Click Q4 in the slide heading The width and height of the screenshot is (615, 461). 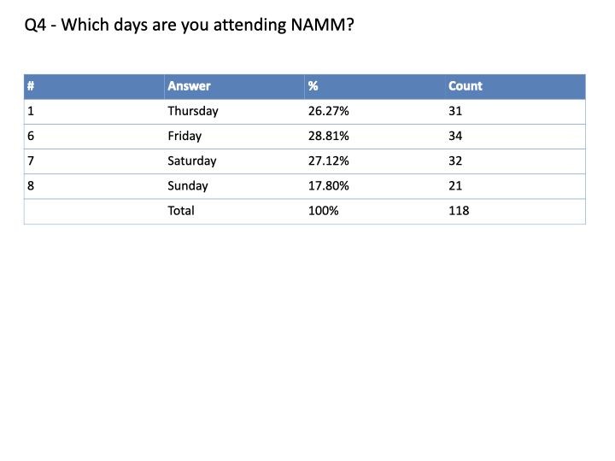point(35,25)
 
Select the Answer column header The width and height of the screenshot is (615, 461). point(189,86)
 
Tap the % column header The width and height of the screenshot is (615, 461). point(313,86)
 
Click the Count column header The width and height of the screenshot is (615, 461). point(465,86)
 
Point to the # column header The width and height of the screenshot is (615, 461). point(31,86)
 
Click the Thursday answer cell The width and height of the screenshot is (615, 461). point(192,111)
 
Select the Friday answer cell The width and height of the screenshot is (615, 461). point(184,136)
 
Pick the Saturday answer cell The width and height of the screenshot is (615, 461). point(191,160)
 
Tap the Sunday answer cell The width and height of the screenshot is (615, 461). point(188,185)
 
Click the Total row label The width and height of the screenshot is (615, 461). point(180,210)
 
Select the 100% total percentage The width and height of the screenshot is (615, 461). point(323,210)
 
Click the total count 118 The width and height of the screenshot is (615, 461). point(459,210)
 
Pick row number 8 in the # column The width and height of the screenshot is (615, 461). point(31,185)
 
